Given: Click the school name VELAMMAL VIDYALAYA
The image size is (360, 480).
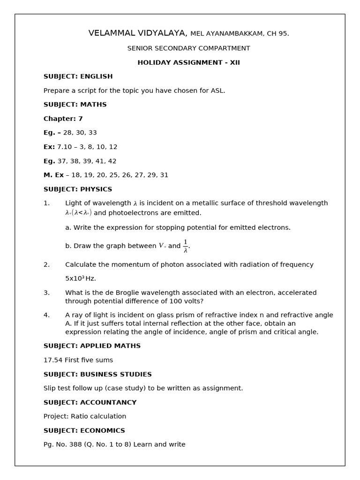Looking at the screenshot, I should click(137, 33).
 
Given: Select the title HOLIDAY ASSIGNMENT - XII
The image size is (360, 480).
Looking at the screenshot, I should click(188, 62).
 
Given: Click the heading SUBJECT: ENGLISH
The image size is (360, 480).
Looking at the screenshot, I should click(78, 76).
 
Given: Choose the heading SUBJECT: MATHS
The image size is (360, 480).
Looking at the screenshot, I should click(75, 105).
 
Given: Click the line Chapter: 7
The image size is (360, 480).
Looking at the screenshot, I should click(63, 119).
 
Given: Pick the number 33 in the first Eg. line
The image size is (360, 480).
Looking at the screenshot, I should click(92, 133).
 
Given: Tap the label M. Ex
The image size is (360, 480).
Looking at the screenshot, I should click(53, 175).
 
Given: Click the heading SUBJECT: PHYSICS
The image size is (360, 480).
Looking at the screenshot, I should click(78, 189).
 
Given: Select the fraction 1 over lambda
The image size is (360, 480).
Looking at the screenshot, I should click(186, 246).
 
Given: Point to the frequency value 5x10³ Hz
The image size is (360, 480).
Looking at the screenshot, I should click(81, 278).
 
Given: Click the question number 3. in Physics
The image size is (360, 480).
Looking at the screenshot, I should click(46, 292).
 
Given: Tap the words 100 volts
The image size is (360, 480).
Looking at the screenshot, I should click(188, 301).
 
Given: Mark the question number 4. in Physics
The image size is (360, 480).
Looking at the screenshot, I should click(46, 315).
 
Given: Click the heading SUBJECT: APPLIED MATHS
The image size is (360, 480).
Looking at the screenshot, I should click(92, 346).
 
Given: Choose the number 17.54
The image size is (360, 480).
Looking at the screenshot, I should click(53, 360).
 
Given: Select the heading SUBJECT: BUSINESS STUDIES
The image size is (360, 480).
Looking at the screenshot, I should click(97, 375).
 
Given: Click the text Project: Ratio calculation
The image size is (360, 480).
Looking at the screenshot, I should click(85, 416).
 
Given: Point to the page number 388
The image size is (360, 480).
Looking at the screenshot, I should click(75, 444).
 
